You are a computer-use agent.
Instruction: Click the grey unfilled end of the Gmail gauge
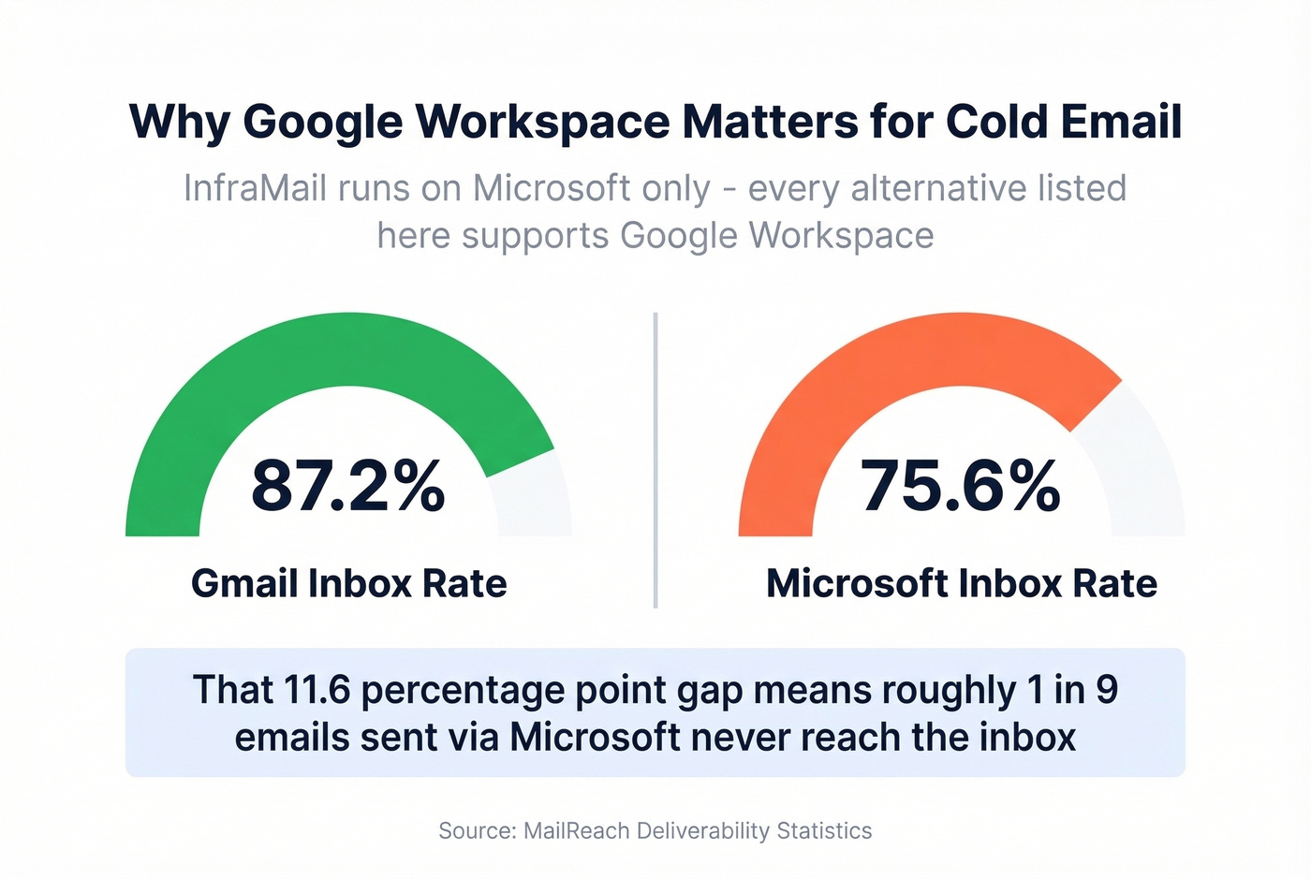click(534, 496)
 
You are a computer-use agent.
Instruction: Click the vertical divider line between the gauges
click(655, 459)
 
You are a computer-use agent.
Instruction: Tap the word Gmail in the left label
click(243, 584)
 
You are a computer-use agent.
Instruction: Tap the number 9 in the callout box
click(1107, 691)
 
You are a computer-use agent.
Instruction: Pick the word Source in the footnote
click(475, 831)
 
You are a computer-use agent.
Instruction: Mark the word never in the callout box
click(750, 738)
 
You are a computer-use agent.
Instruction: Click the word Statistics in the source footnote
click(824, 831)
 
